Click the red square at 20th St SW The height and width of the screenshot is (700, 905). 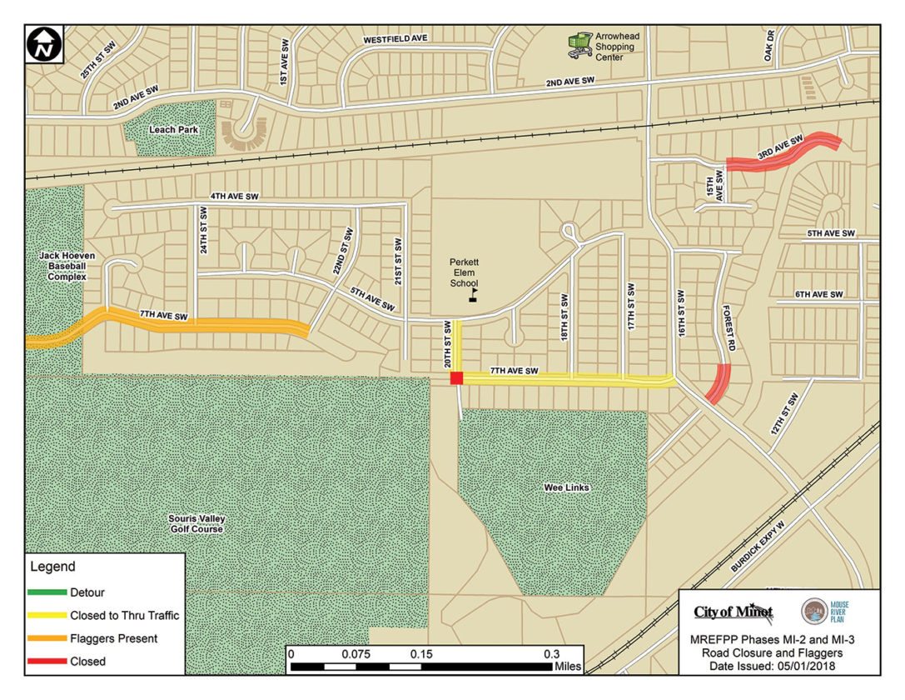pyautogui.click(x=456, y=378)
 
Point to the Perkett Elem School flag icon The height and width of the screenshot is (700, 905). pyautogui.click(x=474, y=295)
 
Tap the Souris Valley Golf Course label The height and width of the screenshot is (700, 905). pyautogui.click(x=196, y=523)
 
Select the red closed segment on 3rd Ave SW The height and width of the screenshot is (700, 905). pyautogui.click(x=783, y=153)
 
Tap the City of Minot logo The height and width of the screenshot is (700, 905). pyautogui.click(x=733, y=613)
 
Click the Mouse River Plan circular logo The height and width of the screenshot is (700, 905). pyautogui.click(x=814, y=611)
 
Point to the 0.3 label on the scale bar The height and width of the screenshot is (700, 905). pyautogui.click(x=551, y=653)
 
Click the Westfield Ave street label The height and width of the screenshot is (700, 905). pyautogui.click(x=395, y=40)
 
